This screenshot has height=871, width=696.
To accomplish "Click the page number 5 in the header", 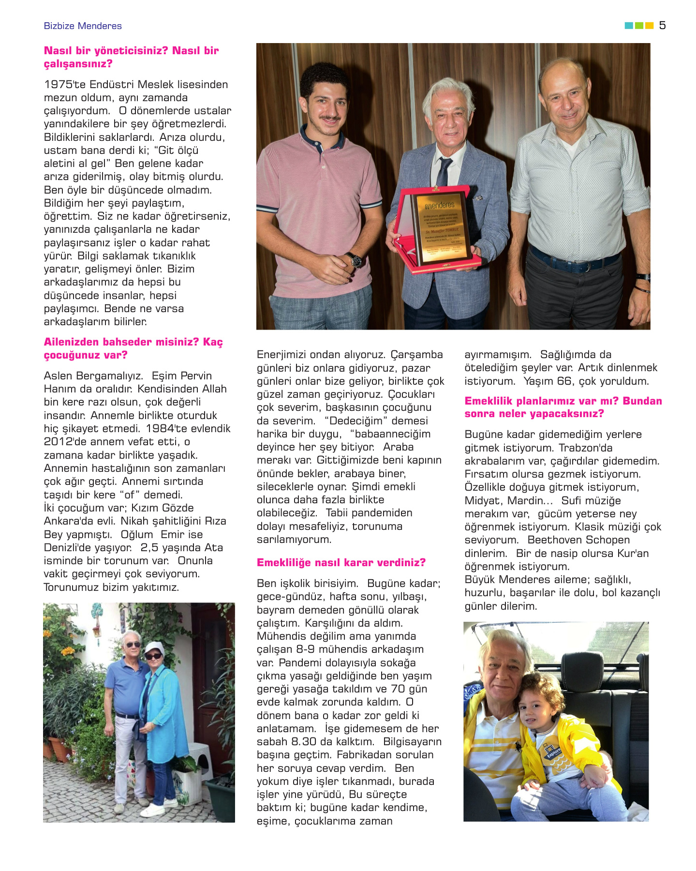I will click(x=662, y=25).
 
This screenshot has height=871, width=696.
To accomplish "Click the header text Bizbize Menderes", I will click(x=83, y=26).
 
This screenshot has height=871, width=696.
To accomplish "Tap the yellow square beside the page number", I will click(x=650, y=25).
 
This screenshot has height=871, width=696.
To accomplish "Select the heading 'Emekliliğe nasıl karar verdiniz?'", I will click(x=341, y=562).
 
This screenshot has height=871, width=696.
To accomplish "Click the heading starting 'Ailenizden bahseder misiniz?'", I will click(x=133, y=348).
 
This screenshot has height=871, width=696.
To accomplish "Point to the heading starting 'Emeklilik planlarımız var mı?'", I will click(x=563, y=407).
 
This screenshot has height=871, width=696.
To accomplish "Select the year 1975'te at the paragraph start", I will click(x=65, y=85).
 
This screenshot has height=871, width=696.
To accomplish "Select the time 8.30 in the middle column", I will click(x=303, y=742).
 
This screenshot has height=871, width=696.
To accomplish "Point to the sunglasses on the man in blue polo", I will click(x=132, y=645).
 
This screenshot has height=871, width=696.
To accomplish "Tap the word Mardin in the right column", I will click(x=525, y=501).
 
